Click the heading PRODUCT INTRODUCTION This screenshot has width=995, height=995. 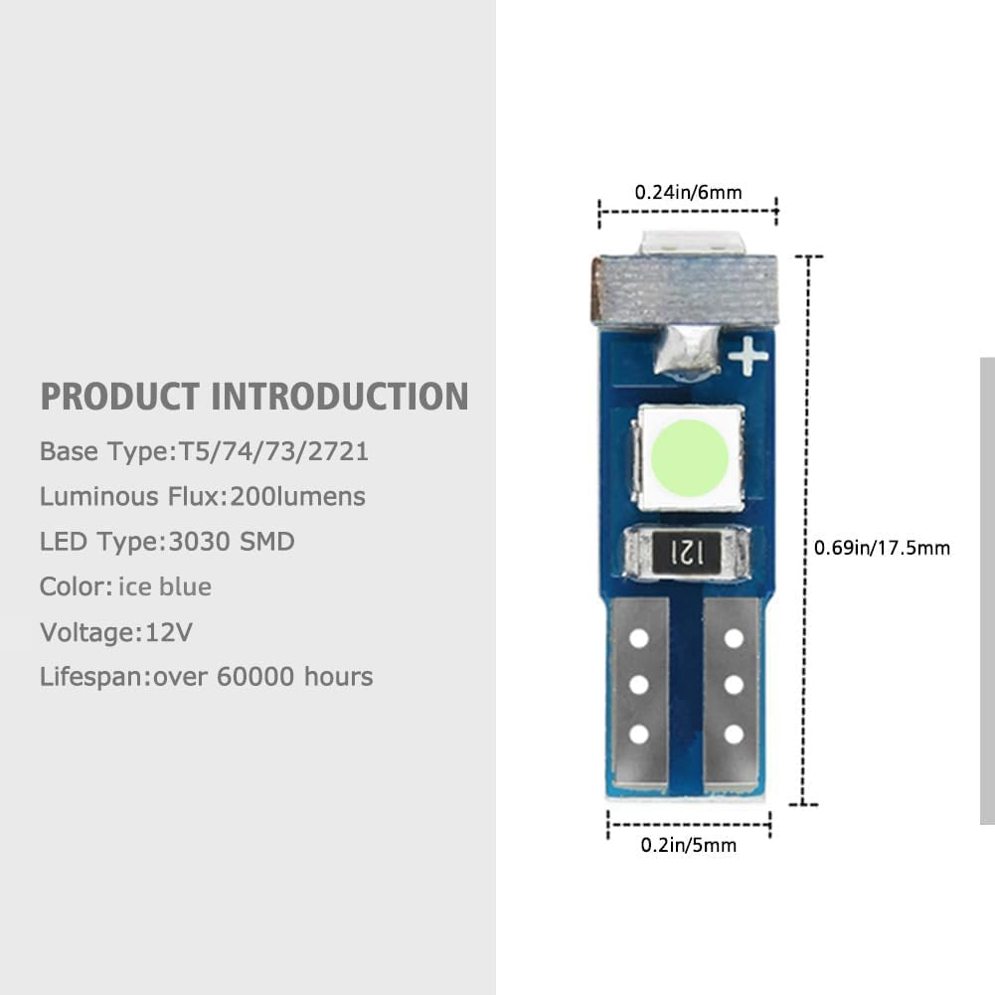(x=254, y=397)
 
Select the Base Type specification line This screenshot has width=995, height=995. (x=205, y=451)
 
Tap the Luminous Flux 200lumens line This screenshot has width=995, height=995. (x=203, y=496)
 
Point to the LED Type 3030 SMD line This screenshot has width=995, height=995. (x=167, y=542)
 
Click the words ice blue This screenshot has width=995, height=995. (x=165, y=586)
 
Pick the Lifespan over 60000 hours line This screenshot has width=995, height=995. (x=207, y=677)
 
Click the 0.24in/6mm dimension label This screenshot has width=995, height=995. (x=688, y=192)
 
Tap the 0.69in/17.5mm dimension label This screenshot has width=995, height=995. (x=882, y=547)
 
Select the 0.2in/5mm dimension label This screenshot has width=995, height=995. (x=688, y=845)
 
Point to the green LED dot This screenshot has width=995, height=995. (x=693, y=456)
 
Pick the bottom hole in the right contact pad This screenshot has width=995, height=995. (x=735, y=735)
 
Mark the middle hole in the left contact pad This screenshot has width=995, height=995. (x=639, y=684)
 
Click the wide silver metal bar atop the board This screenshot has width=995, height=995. (x=684, y=289)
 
